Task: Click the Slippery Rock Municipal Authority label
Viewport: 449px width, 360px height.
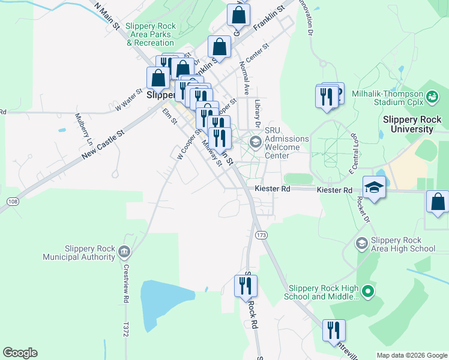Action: pyautogui.click(x=78, y=253)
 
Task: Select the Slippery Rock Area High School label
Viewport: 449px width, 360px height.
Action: pyautogui.click(x=403, y=244)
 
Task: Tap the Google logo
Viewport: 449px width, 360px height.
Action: pyautogui.click(x=20, y=353)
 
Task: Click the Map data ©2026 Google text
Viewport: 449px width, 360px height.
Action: pyautogui.click(x=412, y=355)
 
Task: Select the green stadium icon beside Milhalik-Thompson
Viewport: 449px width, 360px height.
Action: pyautogui.click(x=432, y=95)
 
